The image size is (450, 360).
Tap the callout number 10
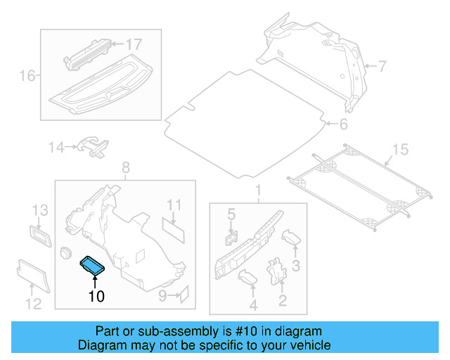coord(96,297)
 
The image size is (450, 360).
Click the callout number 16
coord(27,75)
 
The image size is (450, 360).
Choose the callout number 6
coord(342,125)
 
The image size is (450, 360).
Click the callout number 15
coord(399,149)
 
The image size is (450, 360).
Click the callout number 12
coord(33,303)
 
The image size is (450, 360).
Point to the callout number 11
coord(174,205)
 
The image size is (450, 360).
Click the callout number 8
coord(126,167)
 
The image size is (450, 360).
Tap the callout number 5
coord(230,212)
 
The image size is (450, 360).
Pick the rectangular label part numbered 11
coord(173,227)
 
